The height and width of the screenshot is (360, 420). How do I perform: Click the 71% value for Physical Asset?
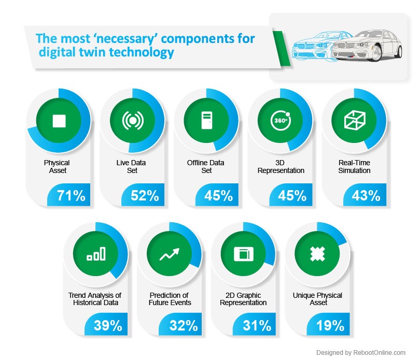[x=71, y=196]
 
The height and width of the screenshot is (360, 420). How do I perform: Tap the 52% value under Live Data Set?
[x=145, y=196]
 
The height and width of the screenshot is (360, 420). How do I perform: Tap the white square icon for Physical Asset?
[x=59, y=121]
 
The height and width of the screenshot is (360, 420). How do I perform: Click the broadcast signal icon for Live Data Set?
[x=132, y=121]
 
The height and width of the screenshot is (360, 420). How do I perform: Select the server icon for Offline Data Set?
[x=206, y=121]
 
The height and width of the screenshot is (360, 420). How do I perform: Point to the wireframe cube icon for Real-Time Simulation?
[x=355, y=121]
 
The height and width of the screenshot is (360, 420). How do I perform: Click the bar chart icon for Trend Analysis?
[x=96, y=253]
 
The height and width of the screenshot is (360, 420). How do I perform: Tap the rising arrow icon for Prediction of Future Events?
[x=170, y=253]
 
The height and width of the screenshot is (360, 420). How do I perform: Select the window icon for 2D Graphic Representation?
[x=243, y=253]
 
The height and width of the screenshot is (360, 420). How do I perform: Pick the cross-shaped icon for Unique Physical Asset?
[x=317, y=253]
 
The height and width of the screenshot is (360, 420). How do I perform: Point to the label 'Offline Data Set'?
[x=206, y=166]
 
